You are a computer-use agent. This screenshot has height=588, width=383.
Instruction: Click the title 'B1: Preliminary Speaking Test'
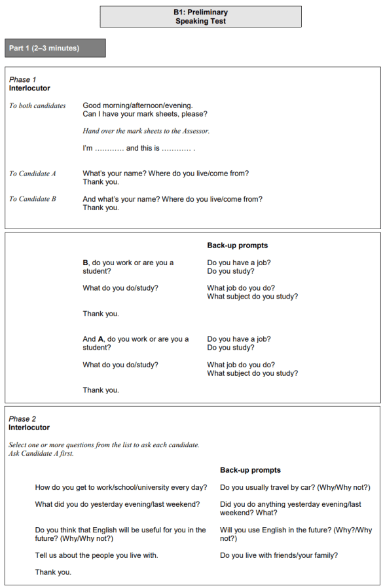point(201,16)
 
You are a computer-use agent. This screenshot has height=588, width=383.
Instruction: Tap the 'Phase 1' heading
point(23,80)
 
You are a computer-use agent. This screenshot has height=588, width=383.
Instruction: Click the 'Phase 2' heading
point(23,419)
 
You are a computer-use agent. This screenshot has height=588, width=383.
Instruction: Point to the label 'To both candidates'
point(37,105)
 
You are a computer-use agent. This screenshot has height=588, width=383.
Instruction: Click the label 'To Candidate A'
point(33,174)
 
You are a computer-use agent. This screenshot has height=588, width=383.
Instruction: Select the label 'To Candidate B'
point(33,199)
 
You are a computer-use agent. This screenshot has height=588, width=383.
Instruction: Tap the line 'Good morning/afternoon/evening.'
point(137,105)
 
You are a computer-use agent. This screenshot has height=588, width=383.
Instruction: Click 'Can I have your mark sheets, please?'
point(145,114)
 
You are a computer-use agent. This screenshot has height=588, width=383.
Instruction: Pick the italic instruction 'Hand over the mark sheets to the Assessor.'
point(146,131)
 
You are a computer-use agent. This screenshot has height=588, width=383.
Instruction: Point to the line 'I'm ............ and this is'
point(139,149)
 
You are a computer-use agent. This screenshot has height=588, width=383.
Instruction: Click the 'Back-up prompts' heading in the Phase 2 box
point(250,470)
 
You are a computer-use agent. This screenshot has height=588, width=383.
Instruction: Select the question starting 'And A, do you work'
point(136,343)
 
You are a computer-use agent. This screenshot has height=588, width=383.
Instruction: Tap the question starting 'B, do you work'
point(128,266)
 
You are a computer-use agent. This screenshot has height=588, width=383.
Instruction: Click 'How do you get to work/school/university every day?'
point(121,487)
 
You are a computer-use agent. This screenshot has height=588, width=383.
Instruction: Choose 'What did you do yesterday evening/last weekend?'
point(118,504)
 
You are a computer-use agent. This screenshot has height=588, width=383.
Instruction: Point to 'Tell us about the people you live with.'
point(96,555)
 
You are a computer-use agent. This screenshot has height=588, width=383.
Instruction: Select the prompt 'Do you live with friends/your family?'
point(279,555)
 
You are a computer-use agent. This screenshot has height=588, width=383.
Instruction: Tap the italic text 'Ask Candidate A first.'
point(41,453)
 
